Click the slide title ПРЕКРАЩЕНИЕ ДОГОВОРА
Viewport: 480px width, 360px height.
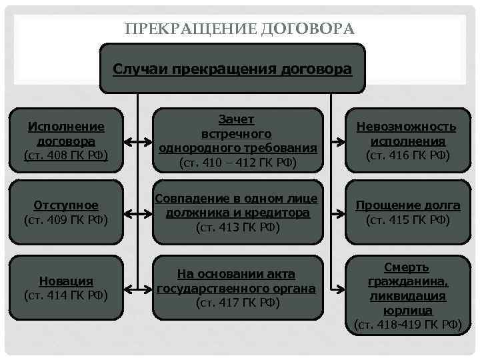click(x=239, y=29)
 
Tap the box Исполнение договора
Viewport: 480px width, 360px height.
click(x=65, y=141)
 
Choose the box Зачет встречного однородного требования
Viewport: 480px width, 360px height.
click(x=236, y=141)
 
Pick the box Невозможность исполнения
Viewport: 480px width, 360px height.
click(x=407, y=141)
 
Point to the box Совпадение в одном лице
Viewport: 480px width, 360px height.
click(x=236, y=212)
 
